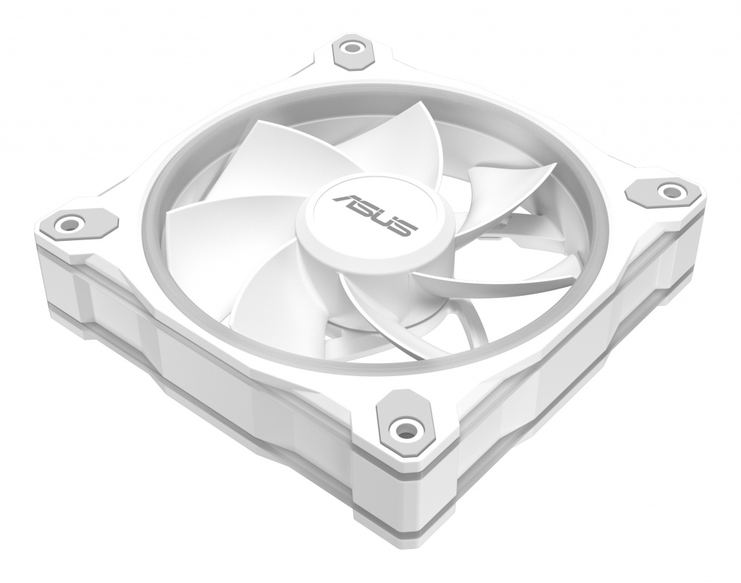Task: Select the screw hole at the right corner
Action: point(669,191)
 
